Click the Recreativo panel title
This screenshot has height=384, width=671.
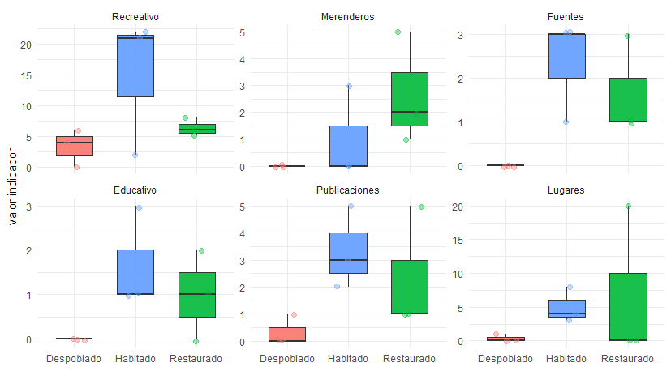pyautogui.click(x=135, y=16)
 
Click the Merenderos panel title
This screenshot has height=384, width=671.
pyautogui.click(x=347, y=16)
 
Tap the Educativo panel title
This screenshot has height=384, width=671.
pyautogui.click(x=135, y=190)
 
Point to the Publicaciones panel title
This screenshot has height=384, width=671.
pyautogui.click(x=347, y=190)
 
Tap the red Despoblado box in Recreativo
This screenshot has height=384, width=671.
pyautogui.click(x=73, y=146)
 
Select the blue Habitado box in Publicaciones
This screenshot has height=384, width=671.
pyautogui.click(x=347, y=254)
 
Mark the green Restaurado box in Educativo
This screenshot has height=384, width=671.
pyautogui.click(x=196, y=294)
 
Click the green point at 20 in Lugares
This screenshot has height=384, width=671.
pyautogui.click(x=627, y=207)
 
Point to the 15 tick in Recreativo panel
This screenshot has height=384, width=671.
pyautogui.click(x=28, y=75)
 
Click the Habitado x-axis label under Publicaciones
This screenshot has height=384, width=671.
pyautogui.click(x=347, y=358)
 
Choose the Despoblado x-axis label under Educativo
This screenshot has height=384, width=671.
pyautogui.click(x=74, y=358)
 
